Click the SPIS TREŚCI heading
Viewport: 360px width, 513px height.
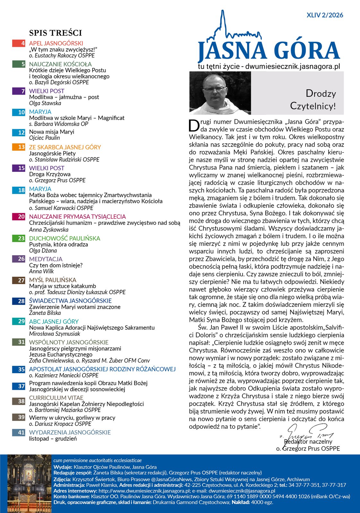coord(56,33)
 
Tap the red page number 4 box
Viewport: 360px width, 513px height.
coord(19,43)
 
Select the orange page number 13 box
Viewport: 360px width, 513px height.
coord(19,147)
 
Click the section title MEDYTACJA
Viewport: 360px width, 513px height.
coord(46,259)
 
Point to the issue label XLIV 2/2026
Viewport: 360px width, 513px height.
coord(325,15)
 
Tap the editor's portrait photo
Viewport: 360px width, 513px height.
coord(220,93)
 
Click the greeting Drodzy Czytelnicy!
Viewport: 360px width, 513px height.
coord(313,100)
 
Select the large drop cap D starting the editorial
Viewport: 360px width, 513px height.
coord(194,126)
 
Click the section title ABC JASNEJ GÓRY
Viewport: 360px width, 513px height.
coord(54,321)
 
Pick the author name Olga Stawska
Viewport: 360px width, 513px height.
coord(45,103)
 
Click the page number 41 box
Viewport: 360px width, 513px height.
coord(19,432)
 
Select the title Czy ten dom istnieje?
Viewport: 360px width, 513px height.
coord(56,265)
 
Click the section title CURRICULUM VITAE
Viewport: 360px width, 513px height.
coord(56,398)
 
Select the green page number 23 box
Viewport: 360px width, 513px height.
coord(19,238)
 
